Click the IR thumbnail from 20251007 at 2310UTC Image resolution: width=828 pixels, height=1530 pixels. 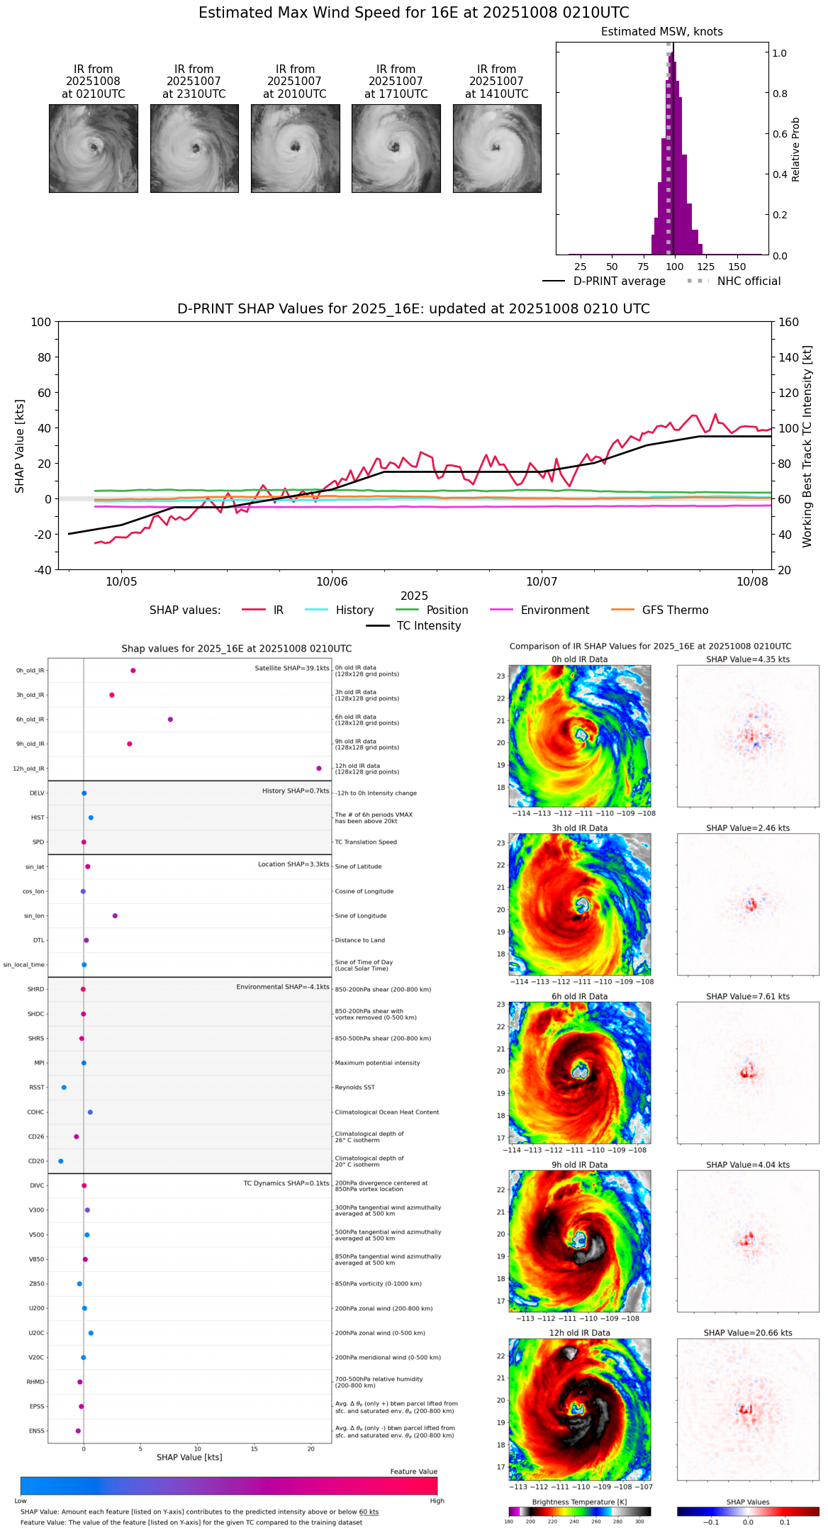tap(194, 148)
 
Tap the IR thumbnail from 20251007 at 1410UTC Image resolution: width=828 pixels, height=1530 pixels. tap(497, 148)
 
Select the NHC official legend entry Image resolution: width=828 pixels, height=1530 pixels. tap(748, 281)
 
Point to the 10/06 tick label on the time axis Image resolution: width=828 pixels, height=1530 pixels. tap(332, 582)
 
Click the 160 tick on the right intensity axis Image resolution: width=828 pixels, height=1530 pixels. tap(788, 322)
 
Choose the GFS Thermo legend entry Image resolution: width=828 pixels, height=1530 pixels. tap(675, 610)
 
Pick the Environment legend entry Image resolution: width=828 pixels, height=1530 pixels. tap(554, 610)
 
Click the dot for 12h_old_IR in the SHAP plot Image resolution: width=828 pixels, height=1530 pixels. tap(319, 769)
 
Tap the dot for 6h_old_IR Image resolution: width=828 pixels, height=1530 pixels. tap(170, 720)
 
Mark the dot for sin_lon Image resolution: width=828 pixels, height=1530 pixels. tap(115, 916)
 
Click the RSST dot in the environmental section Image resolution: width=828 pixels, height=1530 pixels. tap(64, 1088)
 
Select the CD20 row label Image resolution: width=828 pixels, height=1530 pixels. tap(36, 1161)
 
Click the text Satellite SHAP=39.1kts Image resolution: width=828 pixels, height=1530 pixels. tap(291, 669)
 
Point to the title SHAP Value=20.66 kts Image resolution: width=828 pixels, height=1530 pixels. tap(747, 1333)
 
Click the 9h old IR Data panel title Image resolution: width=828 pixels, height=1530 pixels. tap(579, 1165)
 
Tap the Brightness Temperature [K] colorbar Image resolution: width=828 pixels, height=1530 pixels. tap(579, 1512)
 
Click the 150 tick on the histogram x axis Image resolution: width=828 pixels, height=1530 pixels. tap(737, 267)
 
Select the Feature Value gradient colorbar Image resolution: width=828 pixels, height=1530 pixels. tap(229, 1486)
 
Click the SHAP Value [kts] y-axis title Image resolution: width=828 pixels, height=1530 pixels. tap(20, 446)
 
